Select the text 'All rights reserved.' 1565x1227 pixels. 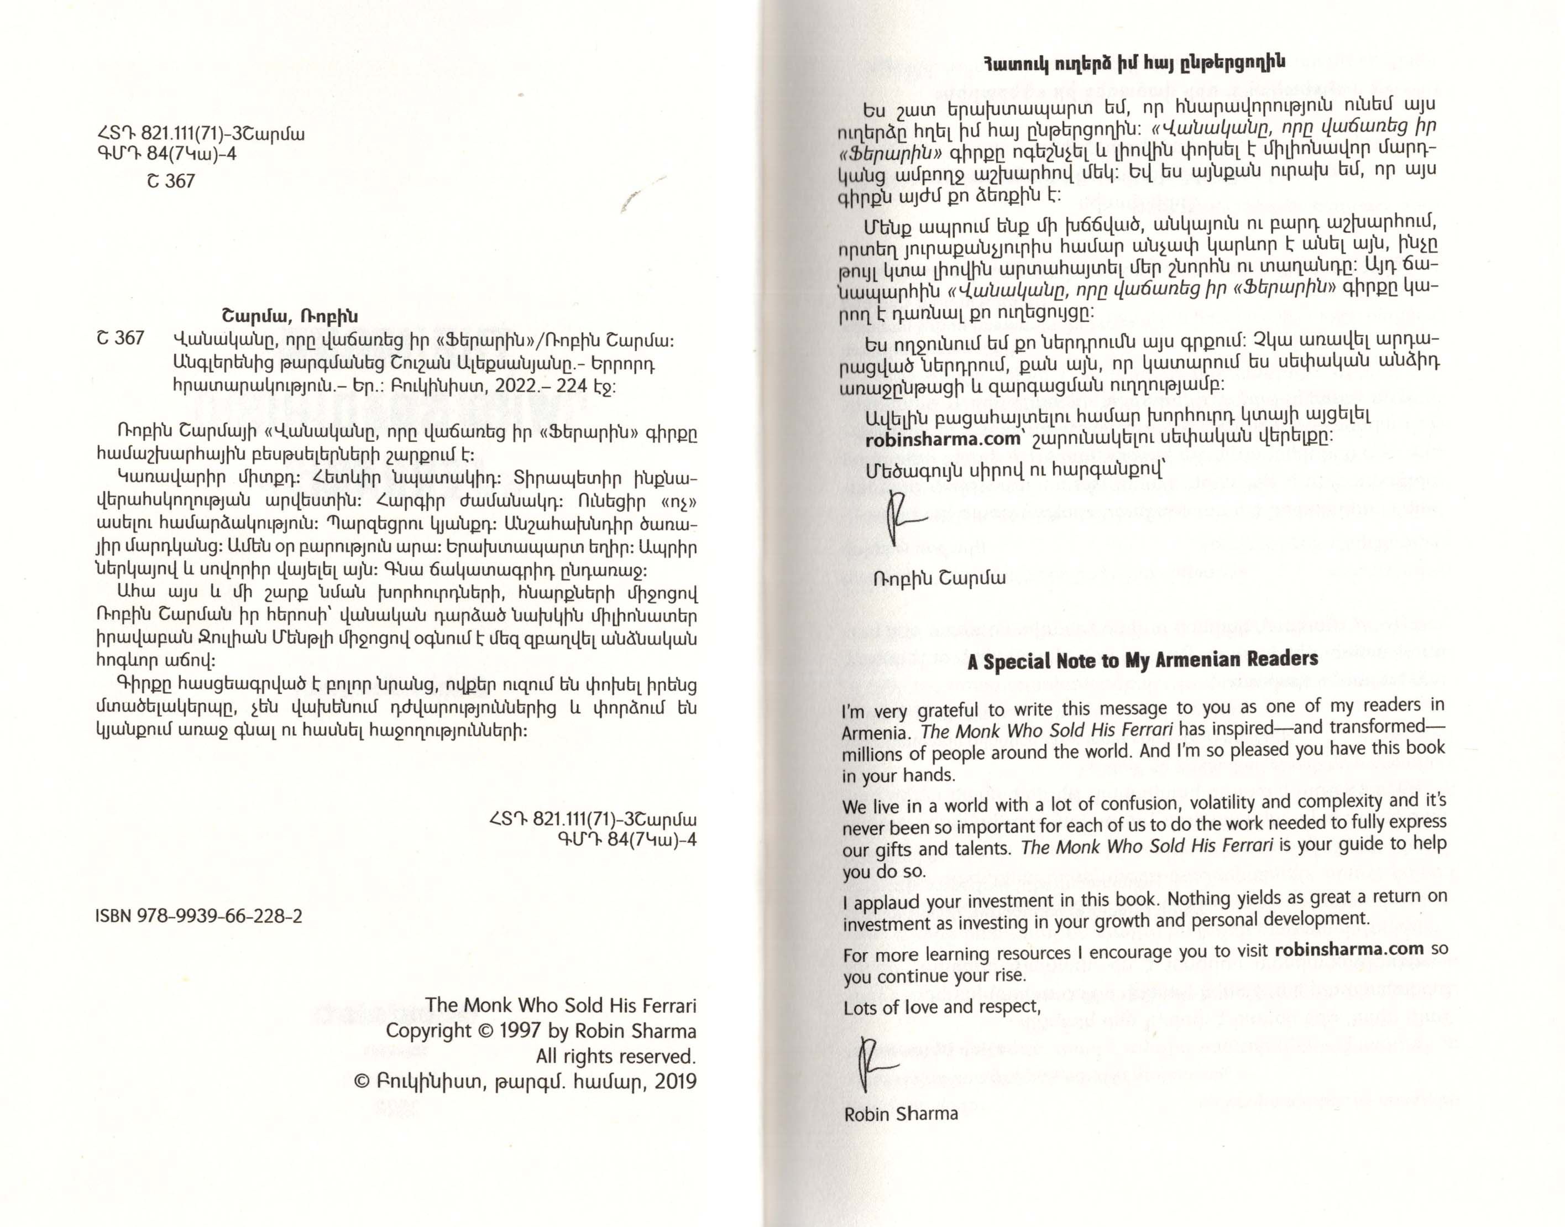pos(615,1056)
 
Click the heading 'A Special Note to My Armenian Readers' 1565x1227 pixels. pos(1142,660)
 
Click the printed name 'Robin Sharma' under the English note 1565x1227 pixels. pos(901,1114)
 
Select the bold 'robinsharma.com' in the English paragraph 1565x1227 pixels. pos(1348,949)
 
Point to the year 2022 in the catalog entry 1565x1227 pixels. pos(516,386)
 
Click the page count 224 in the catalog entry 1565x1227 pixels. pos(572,386)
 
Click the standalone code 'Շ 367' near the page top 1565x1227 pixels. pos(171,181)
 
